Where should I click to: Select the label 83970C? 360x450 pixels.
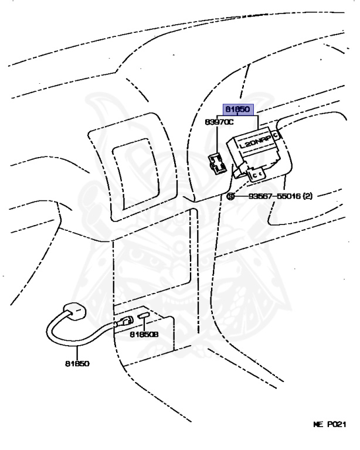pos(219,122)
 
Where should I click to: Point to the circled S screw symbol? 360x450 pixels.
pos(230,196)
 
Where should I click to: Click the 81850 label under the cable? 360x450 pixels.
pos(77,363)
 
